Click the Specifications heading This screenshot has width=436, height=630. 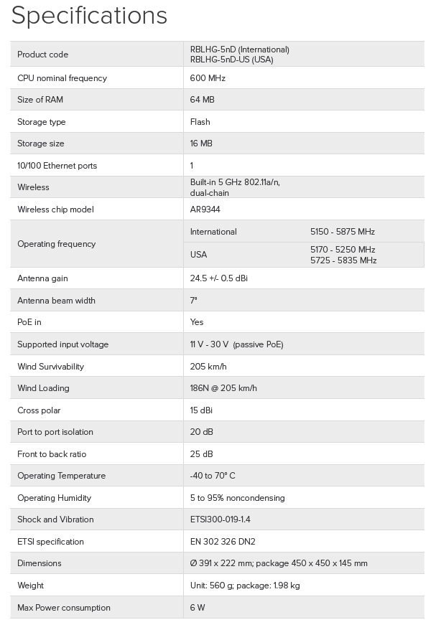(x=89, y=16)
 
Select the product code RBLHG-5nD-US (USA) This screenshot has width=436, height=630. (x=231, y=60)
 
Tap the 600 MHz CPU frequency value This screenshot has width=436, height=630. (x=208, y=78)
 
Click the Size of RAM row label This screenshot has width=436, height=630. (x=40, y=100)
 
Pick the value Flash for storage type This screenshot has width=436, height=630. (x=200, y=122)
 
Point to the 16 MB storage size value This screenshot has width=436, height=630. (x=201, y=144)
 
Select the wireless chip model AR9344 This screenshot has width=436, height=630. (x=206, y=210)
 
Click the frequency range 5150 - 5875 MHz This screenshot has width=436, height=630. (x=343, y=232)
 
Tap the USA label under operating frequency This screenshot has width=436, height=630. (x=198, y=255)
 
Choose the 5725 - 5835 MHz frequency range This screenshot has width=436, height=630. (x=343, y=260)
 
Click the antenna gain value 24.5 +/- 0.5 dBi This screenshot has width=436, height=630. (x=223, y=278)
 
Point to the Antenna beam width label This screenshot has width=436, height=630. (x=56, y=301)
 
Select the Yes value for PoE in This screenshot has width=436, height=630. (x=197, y=322)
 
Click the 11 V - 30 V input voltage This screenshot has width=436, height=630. (x=209, y=344)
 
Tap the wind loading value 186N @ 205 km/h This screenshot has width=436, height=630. (x=223, y=388)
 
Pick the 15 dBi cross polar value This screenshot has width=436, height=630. (x=201, y=410)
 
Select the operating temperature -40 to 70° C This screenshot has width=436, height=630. (x=213, y=476)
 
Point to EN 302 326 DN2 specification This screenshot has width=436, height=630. (x=223, y=542)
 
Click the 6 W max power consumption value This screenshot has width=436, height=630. (x=198, y=608)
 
